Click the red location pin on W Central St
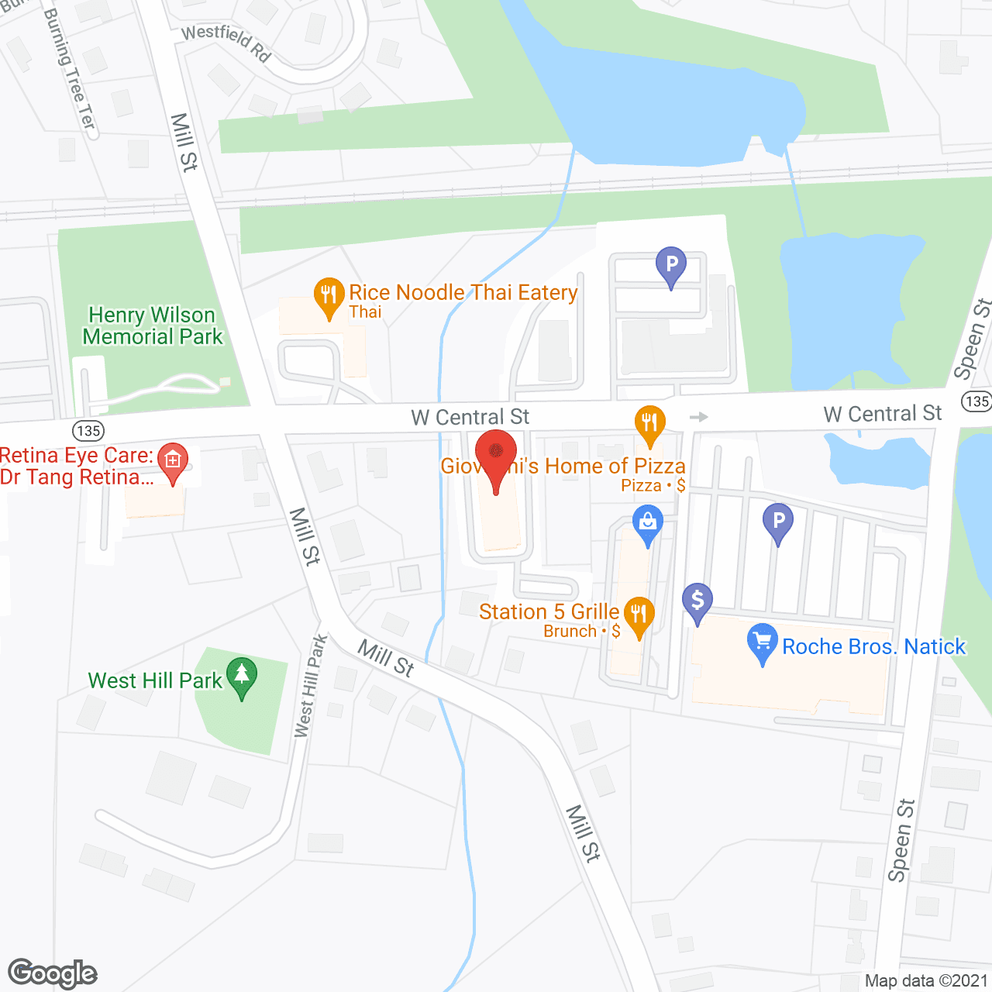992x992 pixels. [495, 453]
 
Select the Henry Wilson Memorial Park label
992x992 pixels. [153, 326]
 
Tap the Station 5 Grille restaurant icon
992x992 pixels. [639, 615]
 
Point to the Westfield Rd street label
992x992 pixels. [226, 42]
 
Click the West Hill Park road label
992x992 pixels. [311, 687]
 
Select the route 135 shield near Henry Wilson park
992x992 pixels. [88, 431]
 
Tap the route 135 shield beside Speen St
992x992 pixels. [976, 401]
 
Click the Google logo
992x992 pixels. [53, 973]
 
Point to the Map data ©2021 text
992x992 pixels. [926, 981]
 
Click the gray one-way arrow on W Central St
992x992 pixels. [699, 417]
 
